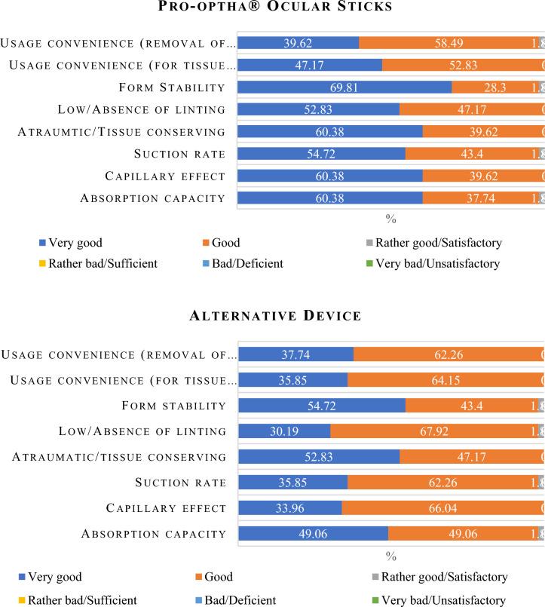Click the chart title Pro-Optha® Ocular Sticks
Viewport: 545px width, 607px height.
(272, 8)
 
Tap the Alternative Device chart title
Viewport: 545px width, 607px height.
(272, 315)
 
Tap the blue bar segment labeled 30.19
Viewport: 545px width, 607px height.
(285, 431)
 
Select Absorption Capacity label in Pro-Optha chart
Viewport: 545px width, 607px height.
(153, 198)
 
